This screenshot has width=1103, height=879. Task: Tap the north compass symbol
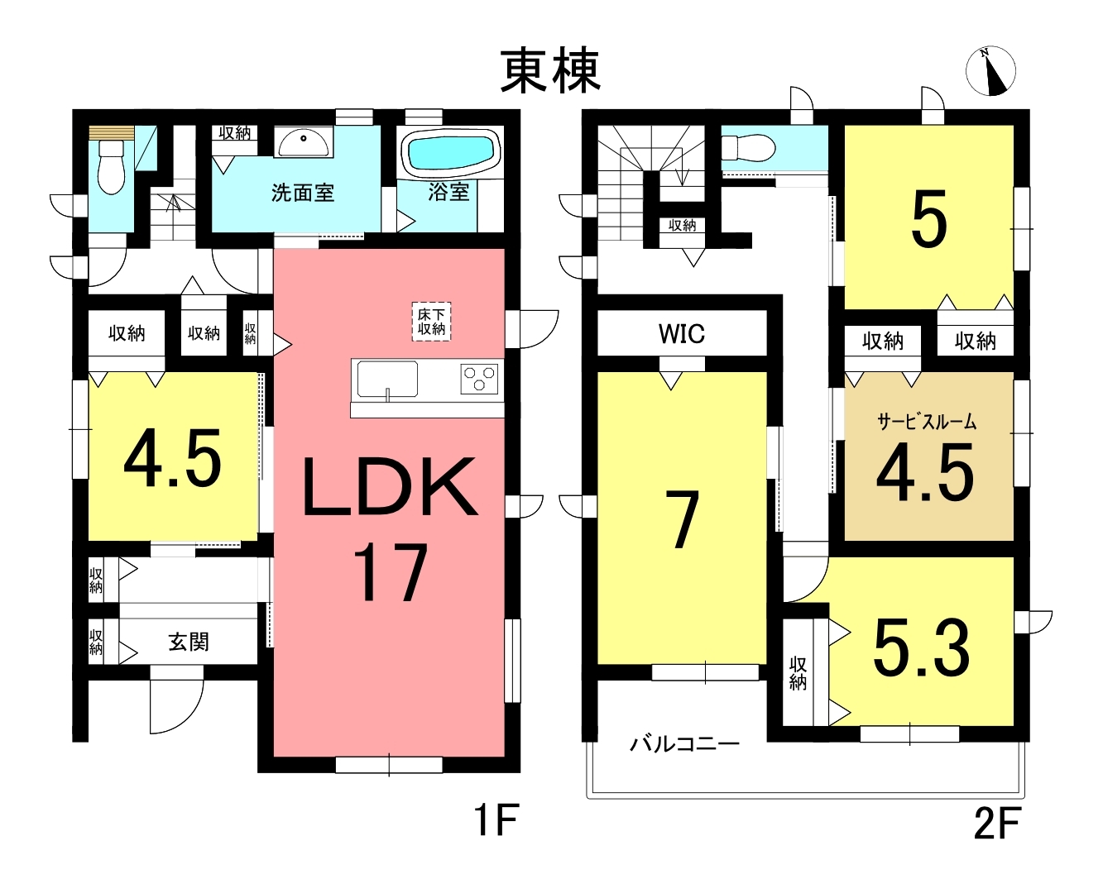990,70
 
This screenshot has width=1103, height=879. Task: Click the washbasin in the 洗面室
303,141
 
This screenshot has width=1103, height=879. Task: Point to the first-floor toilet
111,165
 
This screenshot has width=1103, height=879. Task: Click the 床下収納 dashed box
432,321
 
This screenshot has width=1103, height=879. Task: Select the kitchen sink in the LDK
387,379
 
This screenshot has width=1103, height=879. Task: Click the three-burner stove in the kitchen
479,379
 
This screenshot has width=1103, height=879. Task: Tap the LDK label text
391,486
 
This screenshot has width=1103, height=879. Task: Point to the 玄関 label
189,642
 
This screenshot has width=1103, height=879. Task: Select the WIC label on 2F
682,334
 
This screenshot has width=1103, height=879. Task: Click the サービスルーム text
927,422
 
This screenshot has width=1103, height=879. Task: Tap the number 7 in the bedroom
683,519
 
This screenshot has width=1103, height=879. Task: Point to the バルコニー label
685,743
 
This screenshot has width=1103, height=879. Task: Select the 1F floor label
496,820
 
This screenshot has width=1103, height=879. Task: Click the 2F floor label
997,823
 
